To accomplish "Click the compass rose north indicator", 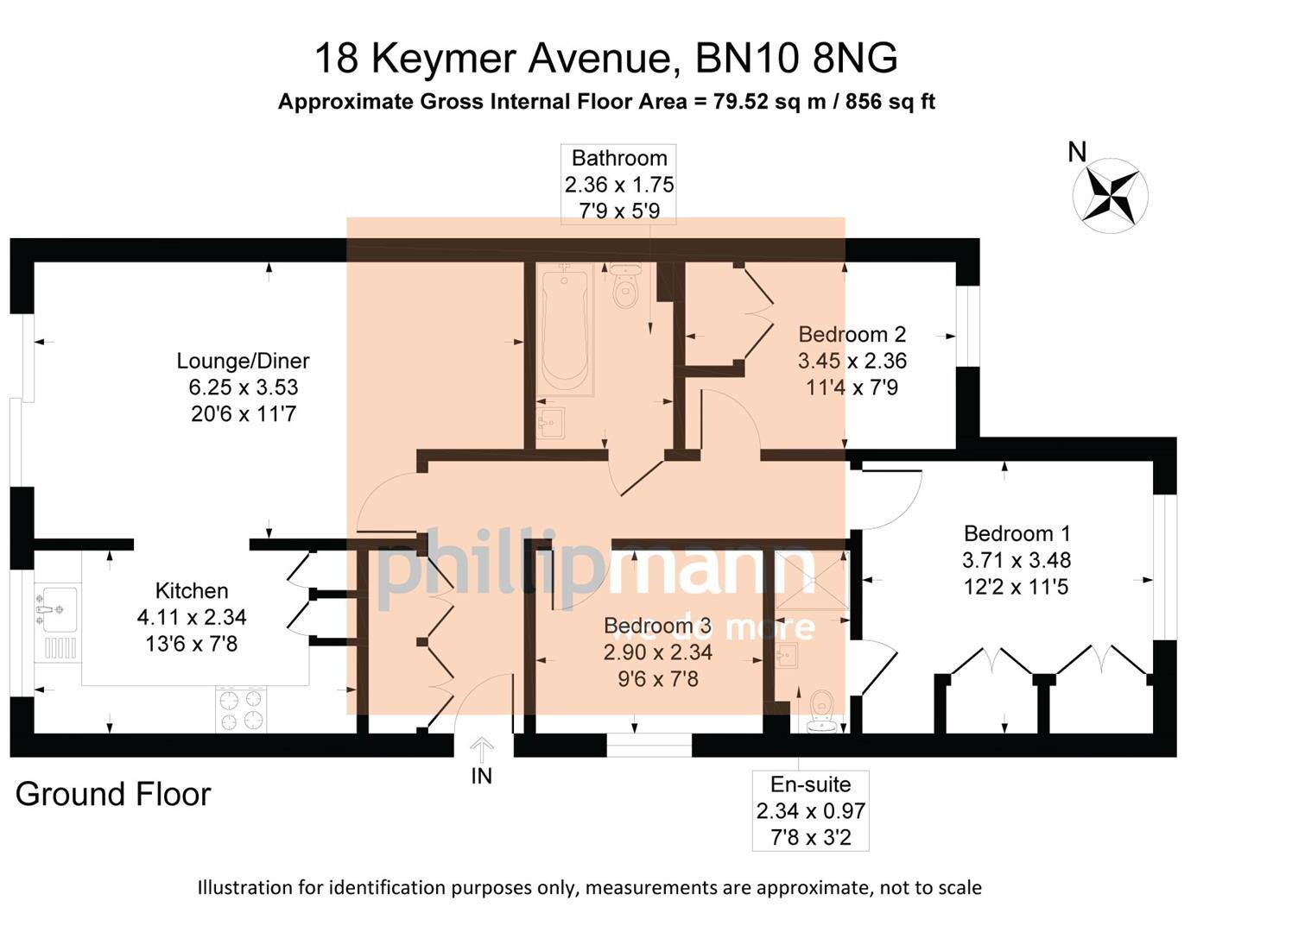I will pos(1110,195).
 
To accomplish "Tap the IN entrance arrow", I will pos(482,747).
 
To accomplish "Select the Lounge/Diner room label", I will pos(243,361).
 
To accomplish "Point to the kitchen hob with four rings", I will pos(241,709).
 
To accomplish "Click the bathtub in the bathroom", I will pos(565,328).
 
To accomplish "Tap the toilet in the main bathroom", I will pos(624,289).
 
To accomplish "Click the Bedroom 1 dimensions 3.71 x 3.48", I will pos(1016,560).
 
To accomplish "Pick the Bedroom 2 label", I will pos(852,334).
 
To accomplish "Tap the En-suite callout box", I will pos(810,810).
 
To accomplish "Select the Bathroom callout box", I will pos(618,184).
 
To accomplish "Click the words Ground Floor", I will pos(113,795).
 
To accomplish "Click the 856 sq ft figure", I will pos(890,102).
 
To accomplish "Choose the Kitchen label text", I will pos(192,591).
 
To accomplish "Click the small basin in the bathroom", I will pos(550,422).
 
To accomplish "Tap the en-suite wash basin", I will pos(788,658).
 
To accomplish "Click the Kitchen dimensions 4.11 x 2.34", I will pos(192,618).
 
